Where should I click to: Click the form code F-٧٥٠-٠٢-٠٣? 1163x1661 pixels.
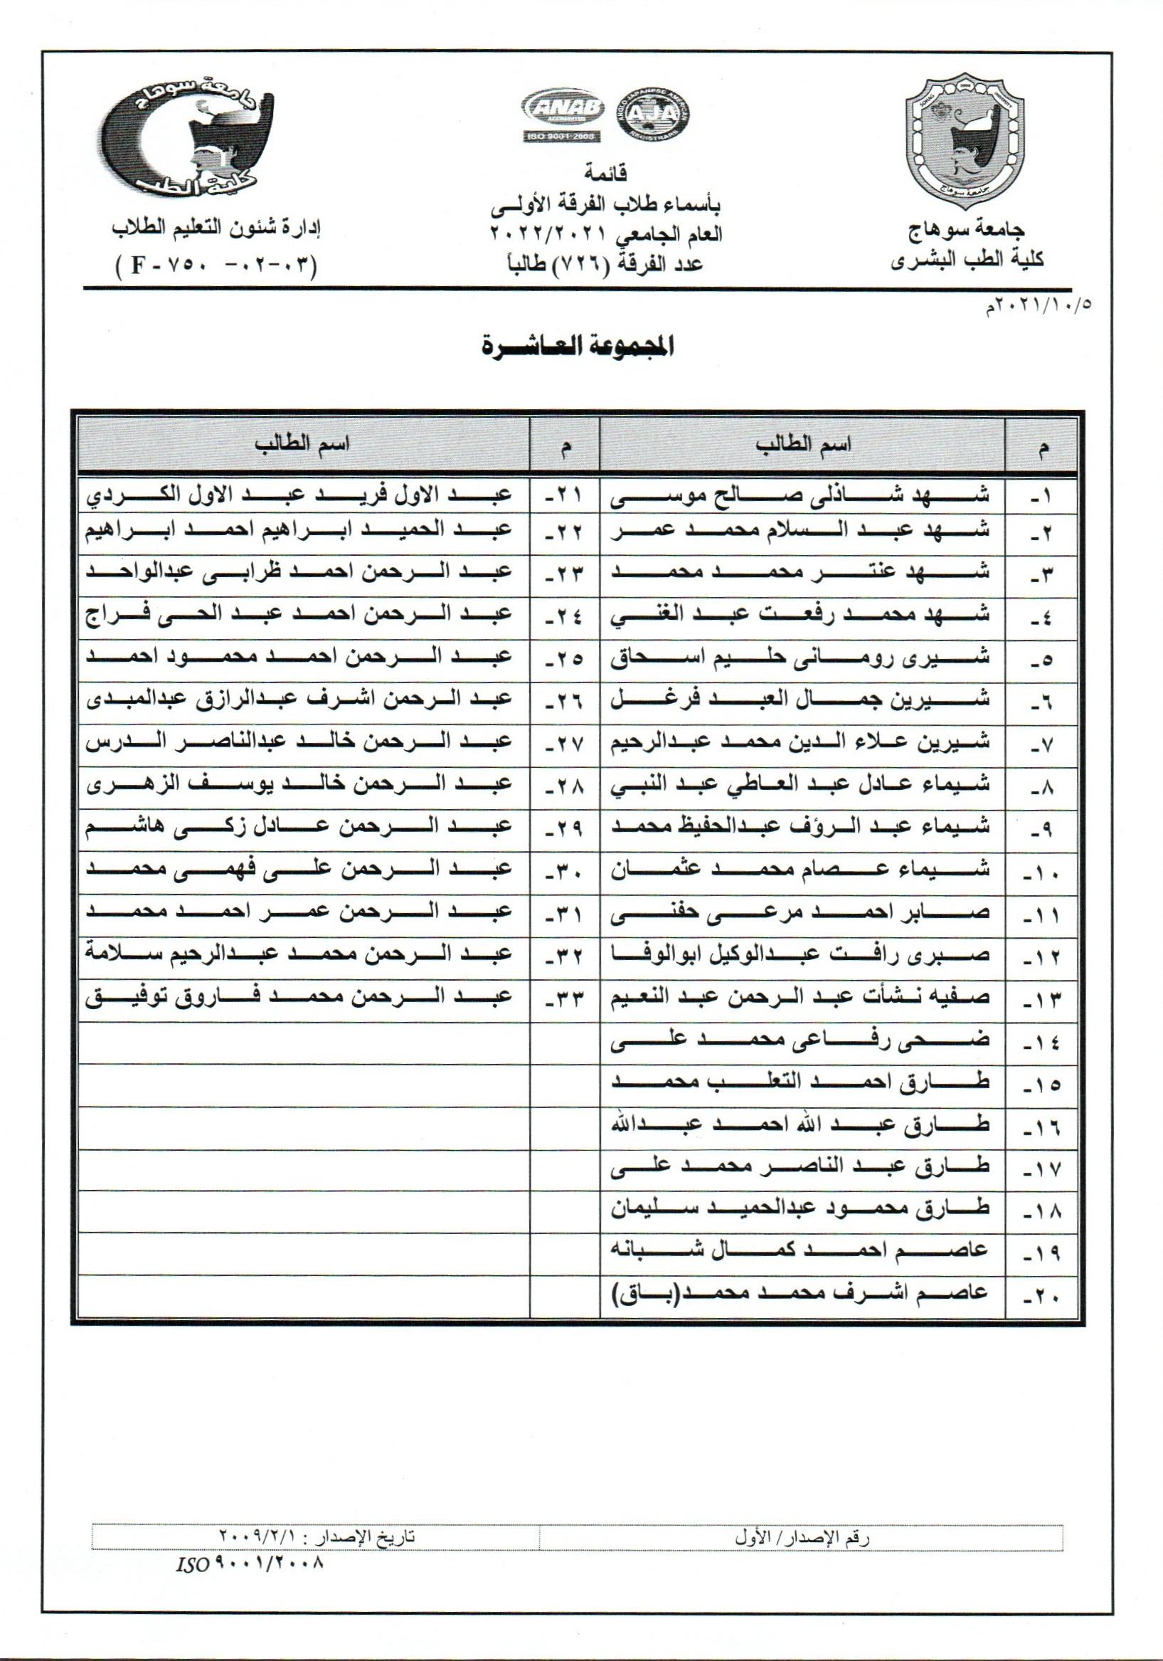click(x=216, y=264)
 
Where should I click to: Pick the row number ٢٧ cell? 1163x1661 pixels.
click(x=564, y=744)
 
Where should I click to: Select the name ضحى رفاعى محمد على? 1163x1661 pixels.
click(x=801, y=1041)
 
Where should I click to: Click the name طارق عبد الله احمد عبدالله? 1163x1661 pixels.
click(x=801, y=1125)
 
